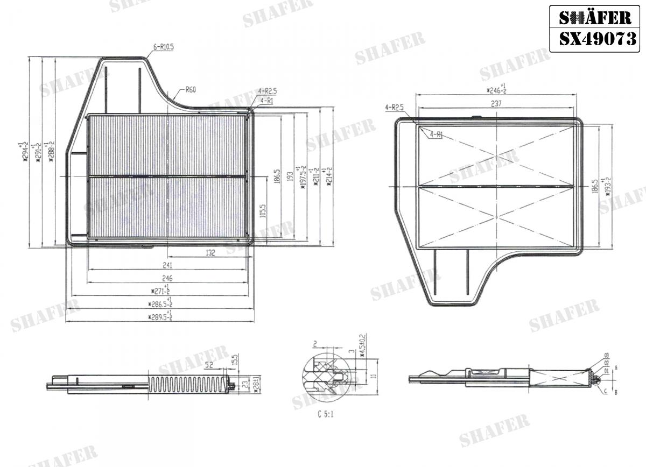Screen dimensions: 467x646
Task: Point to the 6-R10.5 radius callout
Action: (x=163, y=47)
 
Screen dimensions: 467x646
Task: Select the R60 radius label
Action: (x=190, y=90)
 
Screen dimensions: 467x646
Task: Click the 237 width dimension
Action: (x=496, y=104)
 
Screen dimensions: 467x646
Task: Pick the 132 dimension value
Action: (x=210, y=252)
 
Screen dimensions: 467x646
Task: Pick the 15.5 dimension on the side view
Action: (x=235, y=359)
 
